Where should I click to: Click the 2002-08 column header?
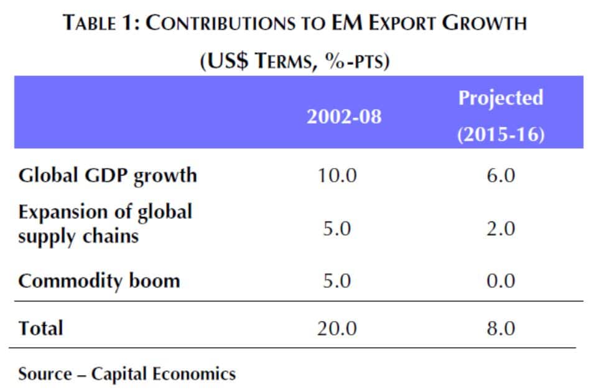(343, 116)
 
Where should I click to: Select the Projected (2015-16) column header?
(501, 116)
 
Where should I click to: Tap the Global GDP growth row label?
(108, 175)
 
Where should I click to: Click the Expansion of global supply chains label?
(105, 224)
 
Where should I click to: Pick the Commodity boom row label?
(99, 281)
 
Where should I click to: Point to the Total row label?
(40, 327)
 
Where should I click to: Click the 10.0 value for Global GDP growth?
(337, 175)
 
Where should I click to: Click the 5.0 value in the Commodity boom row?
(337, 281)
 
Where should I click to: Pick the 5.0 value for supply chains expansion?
(337, 229)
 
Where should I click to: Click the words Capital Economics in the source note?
(164, 374)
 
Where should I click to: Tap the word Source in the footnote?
(45, 374)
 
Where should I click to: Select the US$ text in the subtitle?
(223, 62)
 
